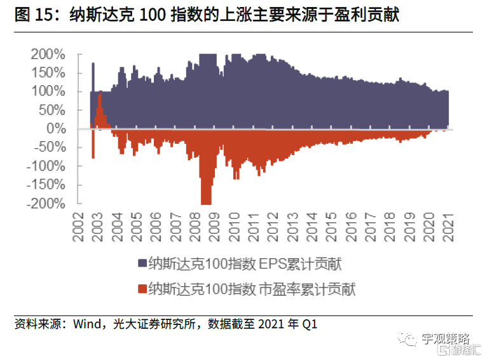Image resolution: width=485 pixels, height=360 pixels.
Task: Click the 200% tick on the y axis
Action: click(x=47, y=55)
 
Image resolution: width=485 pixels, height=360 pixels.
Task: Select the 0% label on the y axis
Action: click(x=56, y=129)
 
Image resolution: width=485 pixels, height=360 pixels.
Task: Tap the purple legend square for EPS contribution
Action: click(x=140, y=263)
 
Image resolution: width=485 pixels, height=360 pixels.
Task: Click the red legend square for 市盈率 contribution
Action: click(x=140, y=289)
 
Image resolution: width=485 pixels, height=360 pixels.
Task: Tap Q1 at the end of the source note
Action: click(x=310, y=324)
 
